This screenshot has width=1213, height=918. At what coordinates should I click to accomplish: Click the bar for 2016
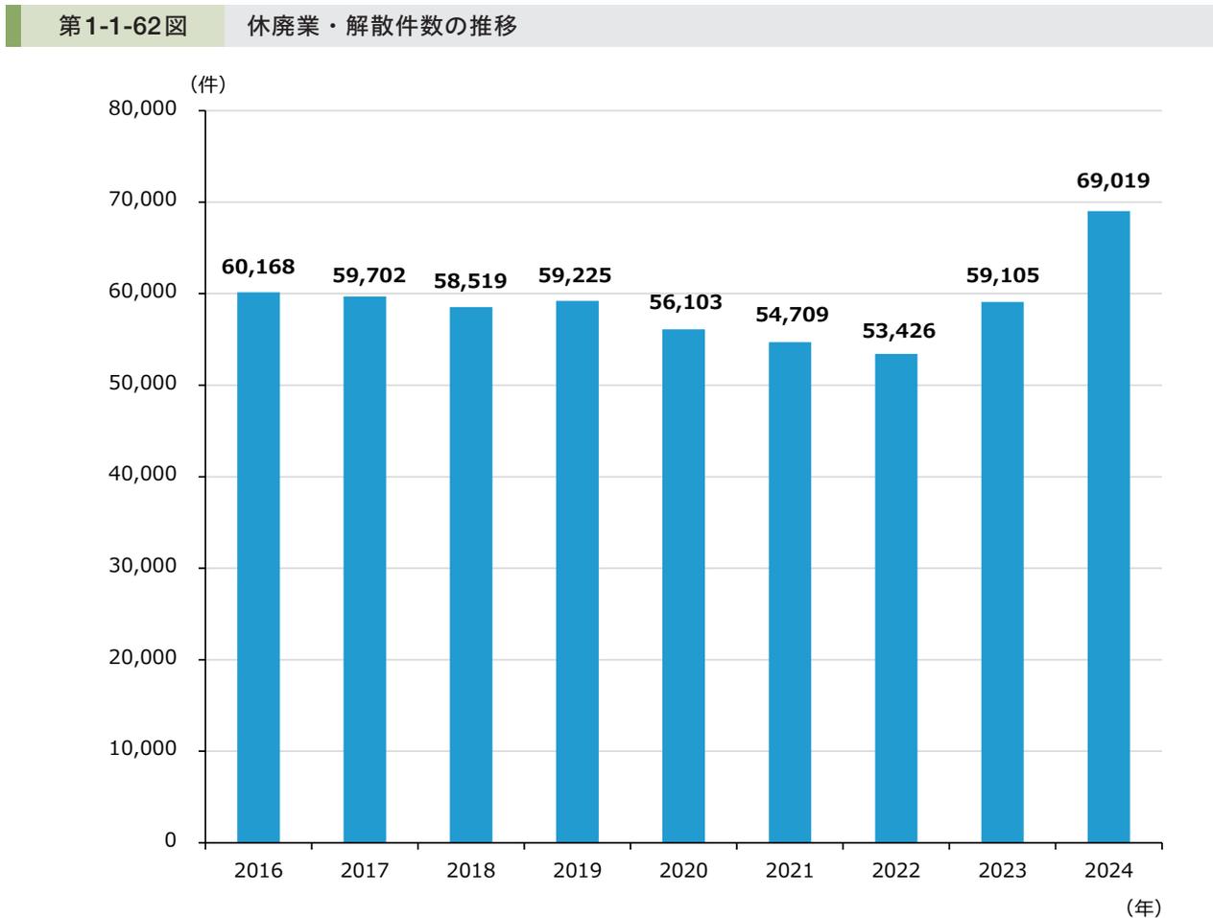coord(258,567)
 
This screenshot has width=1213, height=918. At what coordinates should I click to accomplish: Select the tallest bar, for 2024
coord(1108,527)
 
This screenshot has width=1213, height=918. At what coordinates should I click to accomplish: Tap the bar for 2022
coord(895,598)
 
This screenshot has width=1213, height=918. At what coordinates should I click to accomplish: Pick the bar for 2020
coord(683,585)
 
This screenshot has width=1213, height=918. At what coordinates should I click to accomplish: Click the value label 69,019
coord(1112,180)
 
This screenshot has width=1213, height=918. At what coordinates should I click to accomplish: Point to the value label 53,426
coord(898,332)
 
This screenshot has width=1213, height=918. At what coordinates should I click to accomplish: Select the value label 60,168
coord(258,267)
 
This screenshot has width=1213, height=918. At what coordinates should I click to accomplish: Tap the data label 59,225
coord(575,276)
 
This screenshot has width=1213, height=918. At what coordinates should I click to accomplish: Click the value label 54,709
coord(792,315)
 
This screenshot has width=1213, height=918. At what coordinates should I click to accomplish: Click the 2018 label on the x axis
coord(471,871)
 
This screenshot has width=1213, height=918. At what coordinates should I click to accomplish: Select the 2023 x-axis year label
coord(1002,871)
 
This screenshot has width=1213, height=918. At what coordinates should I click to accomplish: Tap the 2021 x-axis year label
coord(789,871)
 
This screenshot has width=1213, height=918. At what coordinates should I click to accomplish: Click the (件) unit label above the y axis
coord(207,84)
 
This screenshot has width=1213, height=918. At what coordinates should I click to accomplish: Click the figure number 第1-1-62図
coord(123,27)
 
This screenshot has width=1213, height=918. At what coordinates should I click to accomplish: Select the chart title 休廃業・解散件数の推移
coord(382,27)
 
